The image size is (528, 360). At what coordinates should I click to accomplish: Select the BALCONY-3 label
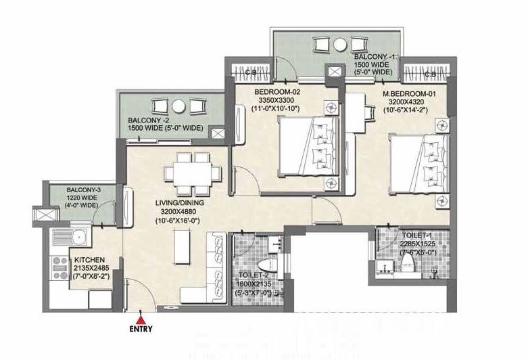point(84,190)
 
